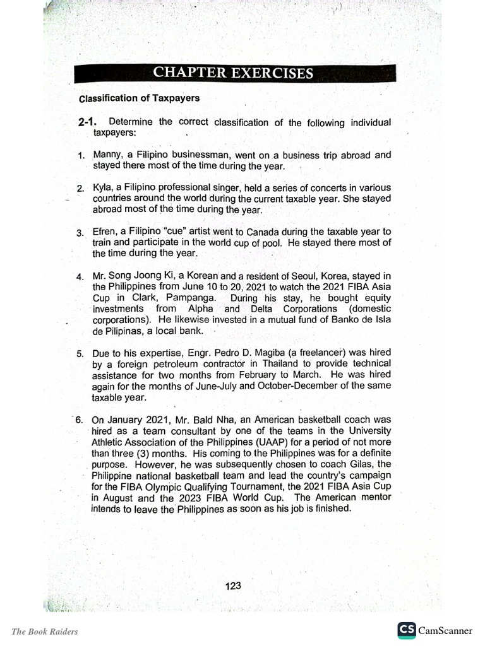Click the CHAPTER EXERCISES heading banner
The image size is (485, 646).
point(233,73)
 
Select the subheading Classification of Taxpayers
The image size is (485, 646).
point(139,98)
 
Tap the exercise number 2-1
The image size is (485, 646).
point(89,122)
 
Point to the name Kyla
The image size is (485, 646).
point(103,188)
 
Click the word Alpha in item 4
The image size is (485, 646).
point(201,309)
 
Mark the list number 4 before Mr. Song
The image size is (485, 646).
point(80,277)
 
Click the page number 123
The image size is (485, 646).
point(233,585)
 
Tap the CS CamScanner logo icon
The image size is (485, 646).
point(406,630)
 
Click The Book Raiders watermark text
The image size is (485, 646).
point(45,631)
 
